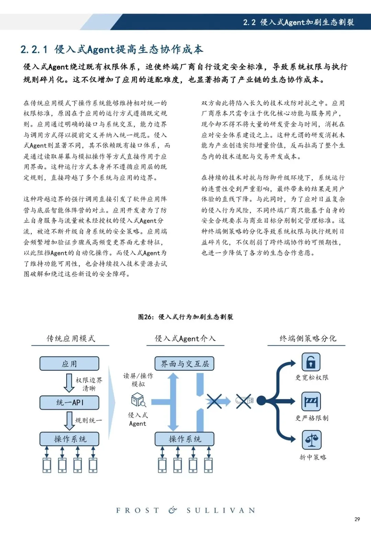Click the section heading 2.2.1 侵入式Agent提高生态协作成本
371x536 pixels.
[112, 49]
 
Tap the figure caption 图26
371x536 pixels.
[185, 317]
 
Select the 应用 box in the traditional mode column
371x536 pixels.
[69, 364]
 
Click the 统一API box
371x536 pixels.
[69, 402]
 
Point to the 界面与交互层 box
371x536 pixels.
[184, 364]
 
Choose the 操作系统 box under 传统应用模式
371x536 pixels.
[69, 439]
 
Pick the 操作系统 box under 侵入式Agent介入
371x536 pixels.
[184, 439]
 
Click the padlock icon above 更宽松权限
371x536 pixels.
[311, 362]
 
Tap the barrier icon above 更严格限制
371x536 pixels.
[311, 401]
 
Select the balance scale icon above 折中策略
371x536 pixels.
[311, 440]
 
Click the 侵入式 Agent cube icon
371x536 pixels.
[138, 400]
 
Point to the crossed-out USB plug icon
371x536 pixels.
[244, 401]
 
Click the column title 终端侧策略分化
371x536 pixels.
[308, 338]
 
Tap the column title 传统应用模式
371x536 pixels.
[71, 338]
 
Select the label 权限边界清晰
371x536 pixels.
[89, 384]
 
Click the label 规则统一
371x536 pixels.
[88, 420]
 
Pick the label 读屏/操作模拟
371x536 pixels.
[138, 380]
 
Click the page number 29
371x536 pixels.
[357, 519]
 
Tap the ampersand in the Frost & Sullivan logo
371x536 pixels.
[173, 510]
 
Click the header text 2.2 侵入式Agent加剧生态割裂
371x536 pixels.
[299, 22]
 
